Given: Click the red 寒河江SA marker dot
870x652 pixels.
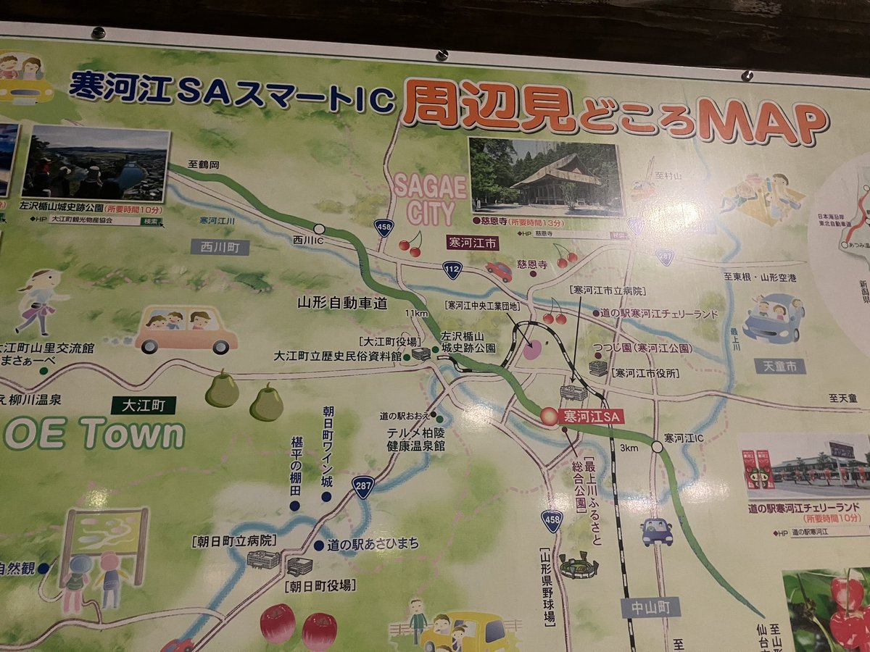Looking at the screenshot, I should [550, 417].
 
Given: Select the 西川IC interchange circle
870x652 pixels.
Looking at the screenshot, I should [319, 229].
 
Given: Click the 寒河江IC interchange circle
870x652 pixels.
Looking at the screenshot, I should [657, 447].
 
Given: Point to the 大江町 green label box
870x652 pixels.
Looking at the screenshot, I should [143, 405].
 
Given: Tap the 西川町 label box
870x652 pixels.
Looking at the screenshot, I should [220, 248].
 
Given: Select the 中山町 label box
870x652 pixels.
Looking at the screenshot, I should [650, 607].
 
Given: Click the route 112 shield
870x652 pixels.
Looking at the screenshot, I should [453, 270].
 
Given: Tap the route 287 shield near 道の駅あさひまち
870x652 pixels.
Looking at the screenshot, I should [363, 487].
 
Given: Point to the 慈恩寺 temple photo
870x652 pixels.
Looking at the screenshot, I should [545, 177].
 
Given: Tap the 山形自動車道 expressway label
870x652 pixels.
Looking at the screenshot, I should [343, 304].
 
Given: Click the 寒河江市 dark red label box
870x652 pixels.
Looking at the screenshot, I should [472, 244].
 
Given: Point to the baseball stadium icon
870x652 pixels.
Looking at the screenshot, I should [579, 565].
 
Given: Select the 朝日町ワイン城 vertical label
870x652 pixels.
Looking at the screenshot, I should [328, 447].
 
